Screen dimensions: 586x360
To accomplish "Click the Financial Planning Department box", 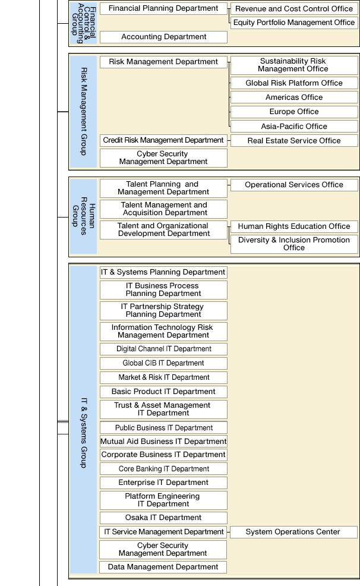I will click(x=163, y=9).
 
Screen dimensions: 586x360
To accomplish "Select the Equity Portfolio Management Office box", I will click(x=294, y=23).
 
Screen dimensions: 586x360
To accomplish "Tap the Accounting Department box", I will click(x=163, y=37).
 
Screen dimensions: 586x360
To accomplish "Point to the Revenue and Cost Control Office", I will click(x=294, y=9).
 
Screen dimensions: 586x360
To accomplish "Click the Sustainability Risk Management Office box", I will click(x=294, y=65).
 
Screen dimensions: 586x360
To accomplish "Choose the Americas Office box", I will click(x=294, y=97).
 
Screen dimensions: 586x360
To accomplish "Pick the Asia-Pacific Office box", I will click(x=294, y=127).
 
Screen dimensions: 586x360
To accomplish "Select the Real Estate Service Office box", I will click(x=294, y=141).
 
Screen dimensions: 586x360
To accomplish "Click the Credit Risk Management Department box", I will click(x=163, y=140).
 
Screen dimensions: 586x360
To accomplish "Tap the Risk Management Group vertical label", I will click(x=83, y=111).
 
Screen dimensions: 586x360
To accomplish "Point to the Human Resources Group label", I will click(x=83, y=216).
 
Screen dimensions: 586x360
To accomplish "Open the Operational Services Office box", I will click(x=294, y=185).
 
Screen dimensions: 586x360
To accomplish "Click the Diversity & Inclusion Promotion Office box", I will click(x=294, y=244).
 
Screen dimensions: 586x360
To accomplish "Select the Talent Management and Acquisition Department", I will click(x=163, y=209).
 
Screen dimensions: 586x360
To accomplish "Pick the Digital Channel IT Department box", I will click(x=163, y=349).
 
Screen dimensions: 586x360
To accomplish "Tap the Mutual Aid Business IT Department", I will click(x=163, y=442).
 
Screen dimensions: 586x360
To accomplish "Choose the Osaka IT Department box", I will click(x=163, y=518).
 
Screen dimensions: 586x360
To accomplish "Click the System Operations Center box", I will click(x=293, y=532).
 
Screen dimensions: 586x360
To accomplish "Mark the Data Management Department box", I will click(x=163, y=567).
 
